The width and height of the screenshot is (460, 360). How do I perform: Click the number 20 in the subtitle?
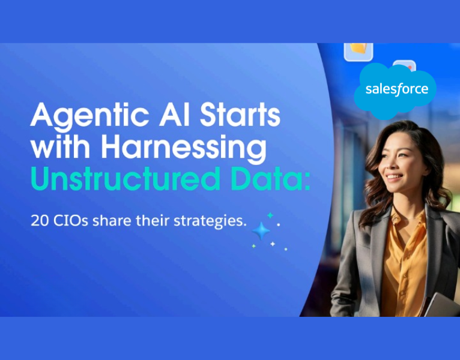39,220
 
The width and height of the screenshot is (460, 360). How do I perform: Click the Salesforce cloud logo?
397,90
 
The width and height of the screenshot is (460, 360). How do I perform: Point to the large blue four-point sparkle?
261,232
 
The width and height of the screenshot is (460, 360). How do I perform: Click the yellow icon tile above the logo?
358,50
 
